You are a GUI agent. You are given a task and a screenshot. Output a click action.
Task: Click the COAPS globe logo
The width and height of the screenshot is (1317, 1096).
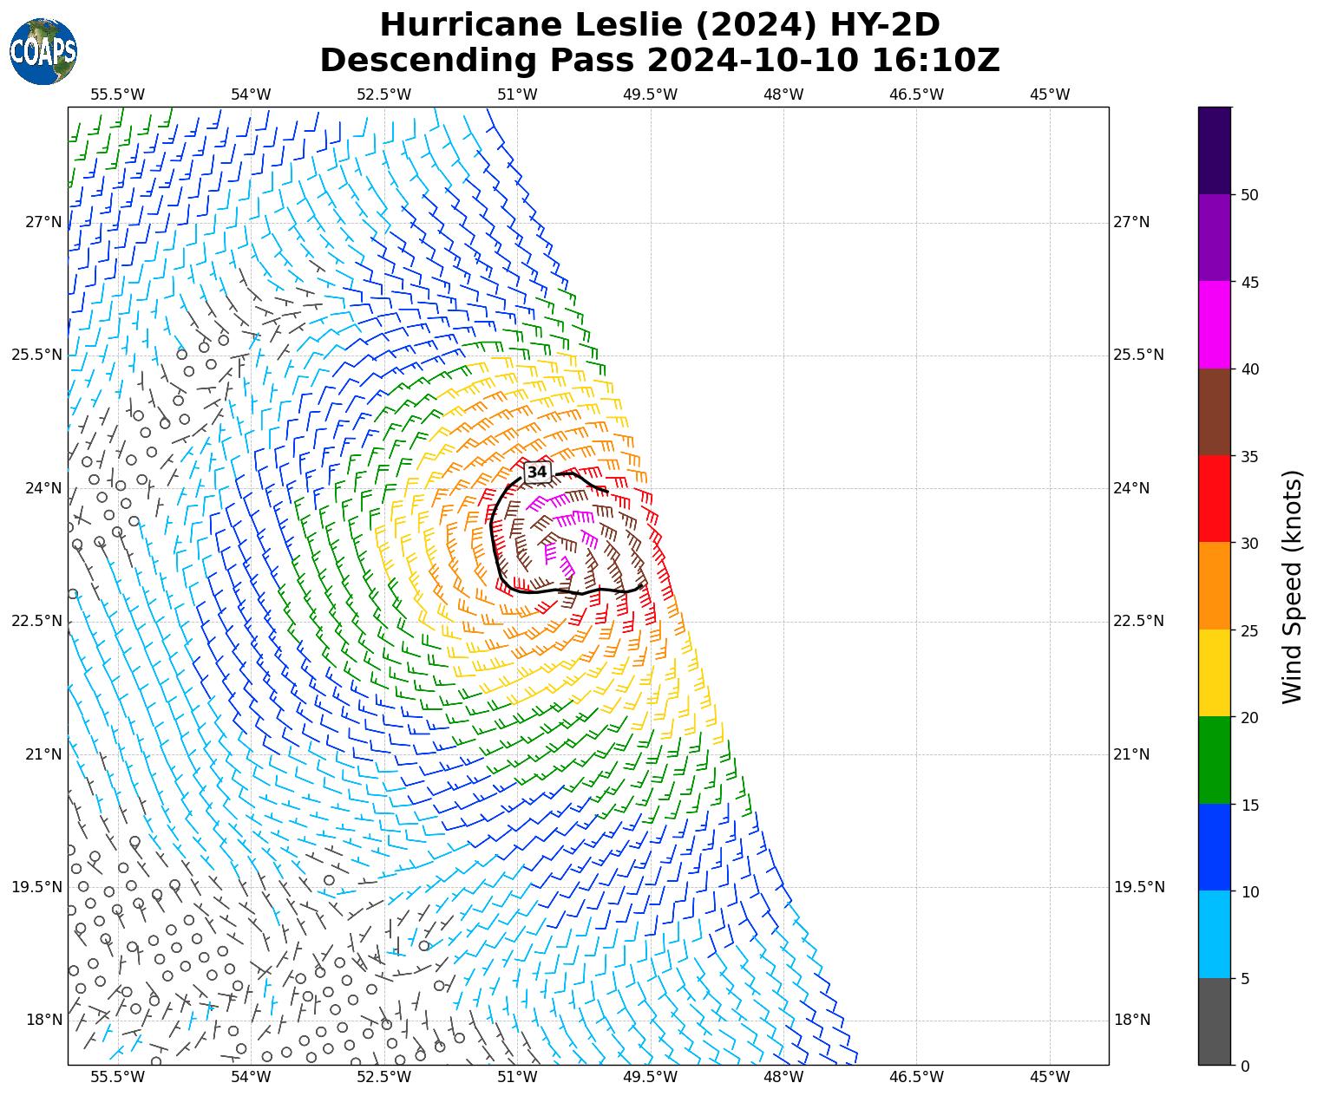pos(43,51)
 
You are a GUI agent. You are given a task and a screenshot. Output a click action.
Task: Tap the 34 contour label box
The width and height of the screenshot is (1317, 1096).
pos(537,472)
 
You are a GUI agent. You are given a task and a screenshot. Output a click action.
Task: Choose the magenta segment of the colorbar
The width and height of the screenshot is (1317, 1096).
pos(1214,324)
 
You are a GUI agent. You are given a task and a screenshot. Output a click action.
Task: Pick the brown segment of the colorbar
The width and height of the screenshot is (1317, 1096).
pos(1214,412)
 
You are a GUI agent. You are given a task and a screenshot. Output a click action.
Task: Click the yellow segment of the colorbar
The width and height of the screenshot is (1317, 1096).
pos(1214,673)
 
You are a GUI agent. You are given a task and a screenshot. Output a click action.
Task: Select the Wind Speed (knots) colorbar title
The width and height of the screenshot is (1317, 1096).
pos(1292,586)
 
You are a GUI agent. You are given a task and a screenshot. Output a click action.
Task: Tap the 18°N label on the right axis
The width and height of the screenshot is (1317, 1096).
pos(1131,1020)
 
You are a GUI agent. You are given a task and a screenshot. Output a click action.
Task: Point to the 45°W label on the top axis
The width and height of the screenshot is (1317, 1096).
pos(1050,94)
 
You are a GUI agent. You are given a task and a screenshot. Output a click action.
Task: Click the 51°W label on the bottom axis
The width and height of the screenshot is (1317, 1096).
pos(517,1077)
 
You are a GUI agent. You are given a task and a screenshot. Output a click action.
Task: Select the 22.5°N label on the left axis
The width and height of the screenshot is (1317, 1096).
pos(36,621)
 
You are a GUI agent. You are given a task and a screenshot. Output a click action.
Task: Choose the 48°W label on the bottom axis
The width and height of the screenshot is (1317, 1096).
pos(783,1077)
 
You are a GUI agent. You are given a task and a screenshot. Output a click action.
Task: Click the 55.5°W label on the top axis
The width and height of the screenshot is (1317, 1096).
pos(117,94)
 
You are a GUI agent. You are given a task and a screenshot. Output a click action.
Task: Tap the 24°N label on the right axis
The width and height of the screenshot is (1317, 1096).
pos(1131,488)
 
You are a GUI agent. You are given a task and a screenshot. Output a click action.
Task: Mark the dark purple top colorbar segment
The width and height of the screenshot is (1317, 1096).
pos(1214,150)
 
